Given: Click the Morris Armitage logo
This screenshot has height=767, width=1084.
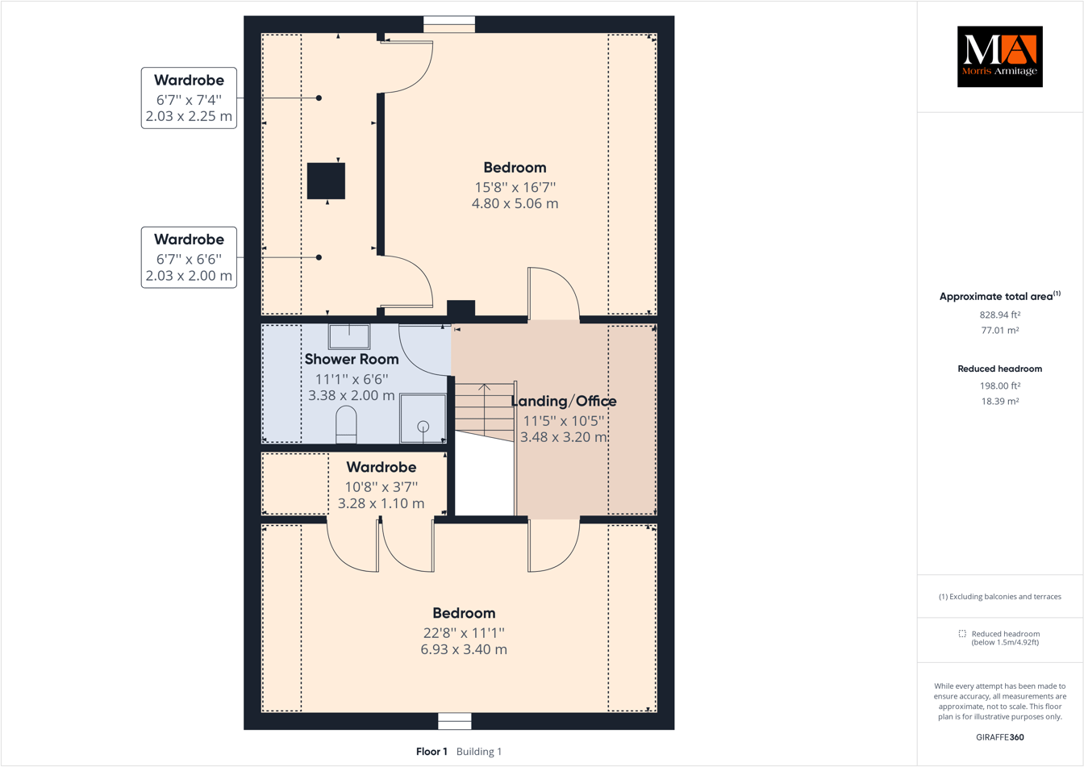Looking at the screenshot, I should tap(999, 56).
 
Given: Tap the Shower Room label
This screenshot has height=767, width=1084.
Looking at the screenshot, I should tap(352, 359).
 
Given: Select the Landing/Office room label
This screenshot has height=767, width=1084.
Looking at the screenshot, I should tap(564, 401).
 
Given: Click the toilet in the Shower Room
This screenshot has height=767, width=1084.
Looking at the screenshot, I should tap(346, 423).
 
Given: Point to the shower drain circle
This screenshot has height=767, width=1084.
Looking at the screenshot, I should tap(423, 426).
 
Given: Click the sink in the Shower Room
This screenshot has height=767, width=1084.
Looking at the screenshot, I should tap(349, 336).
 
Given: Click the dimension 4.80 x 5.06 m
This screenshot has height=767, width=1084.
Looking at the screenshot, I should tap(515, 203).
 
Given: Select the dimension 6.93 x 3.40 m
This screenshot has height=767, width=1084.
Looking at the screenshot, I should tap(464, 649).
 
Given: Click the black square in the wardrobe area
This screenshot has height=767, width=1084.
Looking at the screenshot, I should tap(326, 181).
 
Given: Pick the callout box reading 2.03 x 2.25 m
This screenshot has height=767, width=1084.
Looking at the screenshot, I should tap(189, 98).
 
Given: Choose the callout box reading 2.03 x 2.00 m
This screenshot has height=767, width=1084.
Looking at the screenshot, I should tap(189, 257).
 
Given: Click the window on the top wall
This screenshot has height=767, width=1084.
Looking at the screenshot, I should tap(449, 24).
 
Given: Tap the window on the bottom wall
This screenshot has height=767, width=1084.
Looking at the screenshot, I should tap(455, 720).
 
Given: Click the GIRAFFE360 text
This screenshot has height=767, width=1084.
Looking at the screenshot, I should tap(1000, 737).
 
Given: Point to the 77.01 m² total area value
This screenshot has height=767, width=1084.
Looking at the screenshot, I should tap(1000, 330).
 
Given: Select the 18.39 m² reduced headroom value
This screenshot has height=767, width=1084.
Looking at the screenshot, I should tap(1000, 401).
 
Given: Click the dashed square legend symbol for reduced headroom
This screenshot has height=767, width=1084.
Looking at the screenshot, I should tap(962, 634).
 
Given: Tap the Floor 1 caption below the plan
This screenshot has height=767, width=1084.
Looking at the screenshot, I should tap(432, 752).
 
